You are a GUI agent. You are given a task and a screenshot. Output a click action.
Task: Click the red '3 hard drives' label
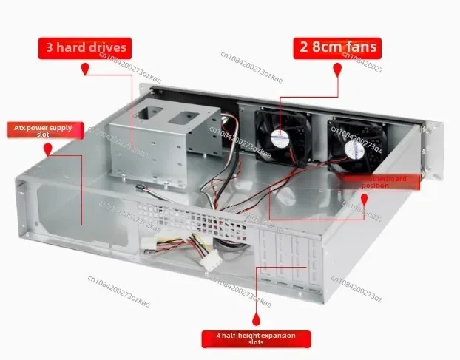tap(86, 48)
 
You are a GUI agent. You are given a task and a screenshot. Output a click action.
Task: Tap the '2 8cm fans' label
tap(338, 48)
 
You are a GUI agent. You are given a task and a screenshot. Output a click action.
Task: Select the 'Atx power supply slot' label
tap(44, 132)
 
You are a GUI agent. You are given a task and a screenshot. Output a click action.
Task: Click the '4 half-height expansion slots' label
tap(256, 339)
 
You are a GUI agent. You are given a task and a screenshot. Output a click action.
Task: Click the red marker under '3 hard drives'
tap(86, 69)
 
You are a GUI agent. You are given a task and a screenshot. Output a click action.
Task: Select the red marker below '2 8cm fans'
tap(338, 69)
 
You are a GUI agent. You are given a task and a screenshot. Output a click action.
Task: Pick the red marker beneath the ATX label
tap(48, 149)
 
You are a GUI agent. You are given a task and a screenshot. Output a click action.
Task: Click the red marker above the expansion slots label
tap(256, 319)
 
